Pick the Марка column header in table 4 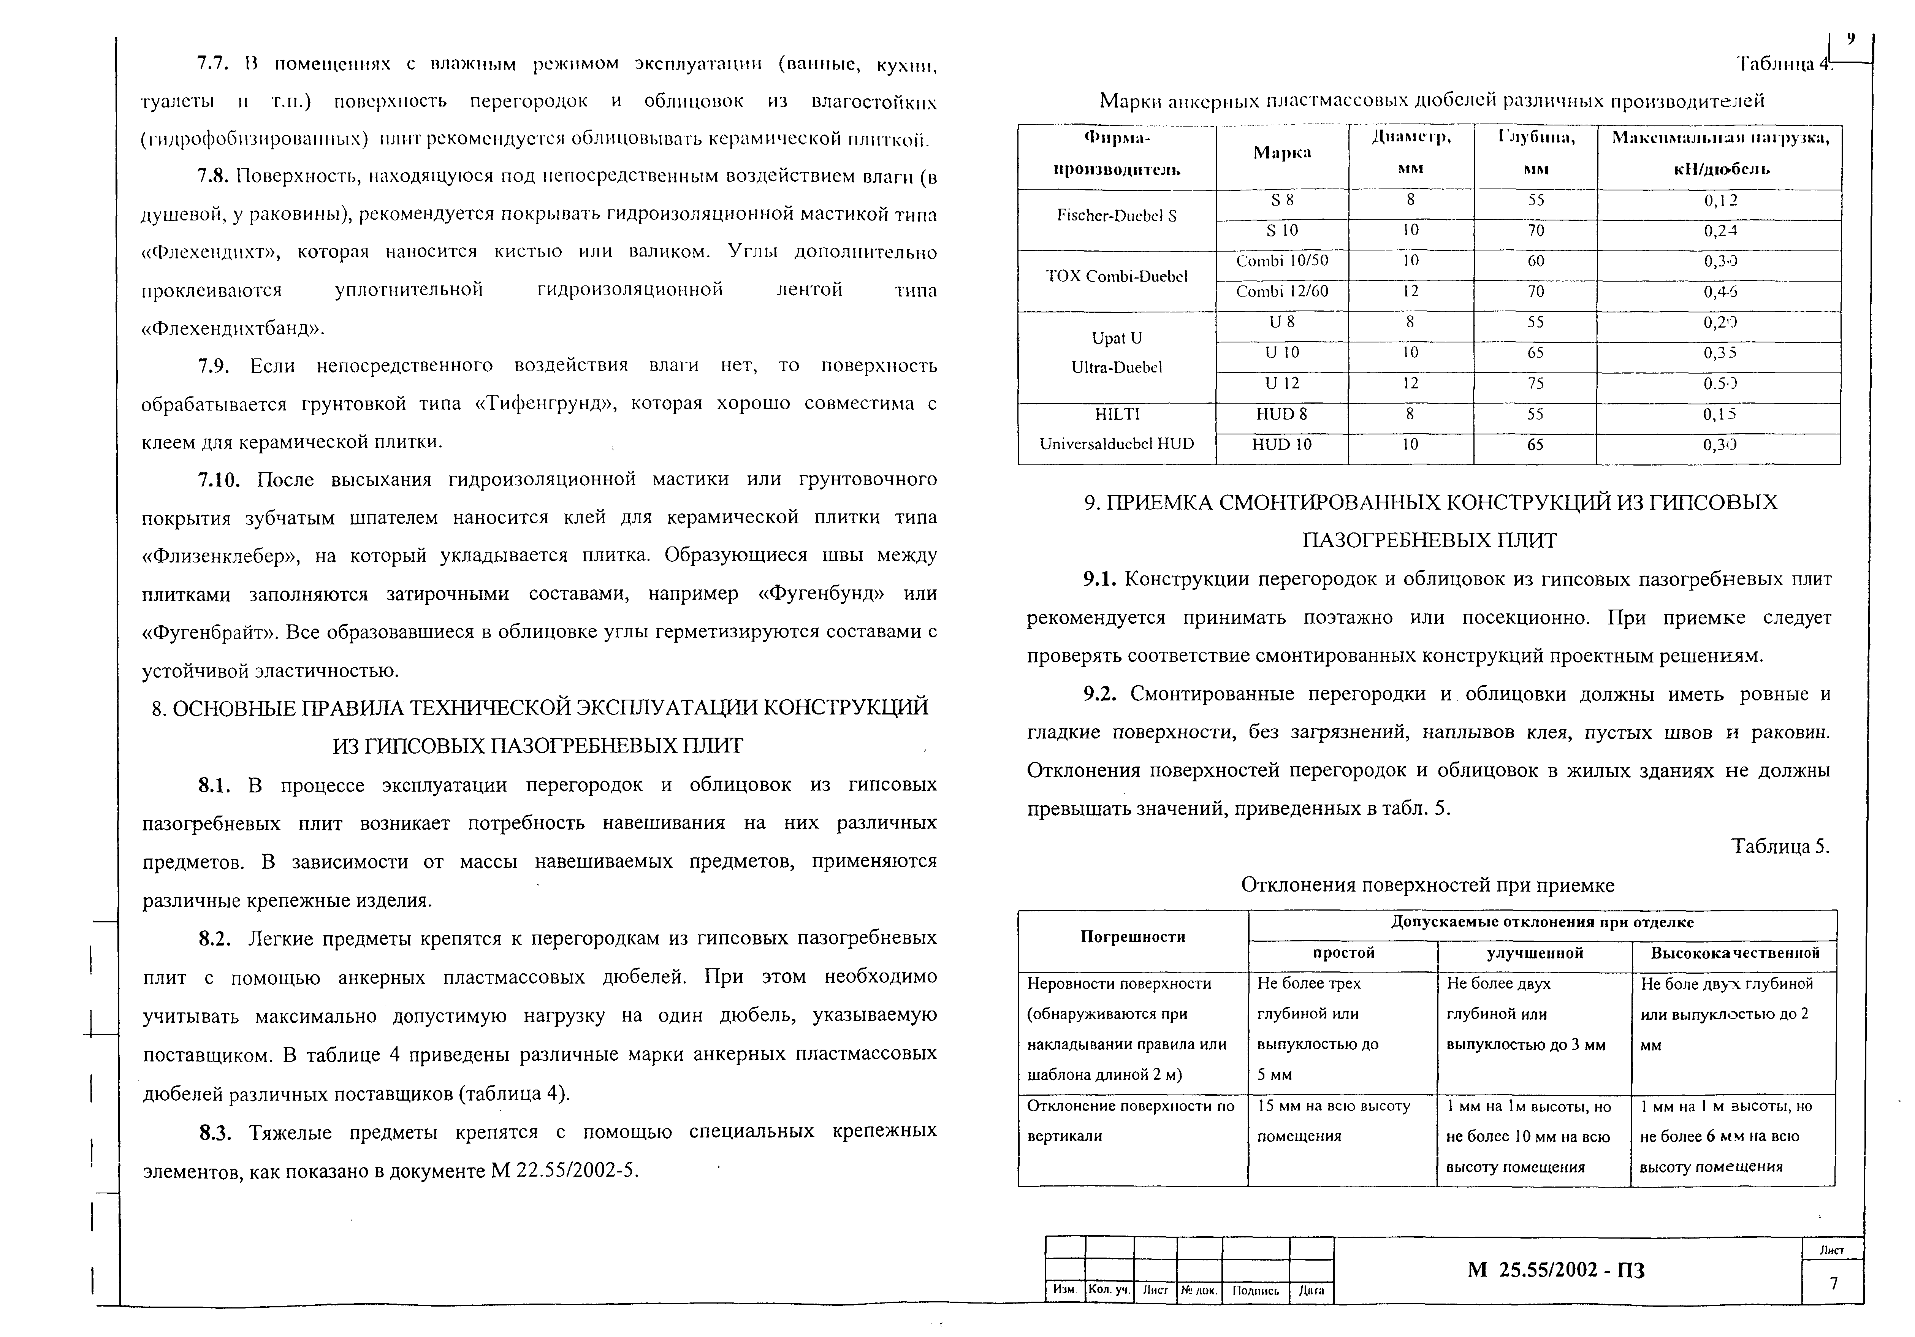(1282, 153)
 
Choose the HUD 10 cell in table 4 (1282, 445)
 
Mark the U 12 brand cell (1282, 384)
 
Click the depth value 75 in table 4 (1535, 384)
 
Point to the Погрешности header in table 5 (1133, 937)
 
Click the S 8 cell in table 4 (1282, 200)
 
